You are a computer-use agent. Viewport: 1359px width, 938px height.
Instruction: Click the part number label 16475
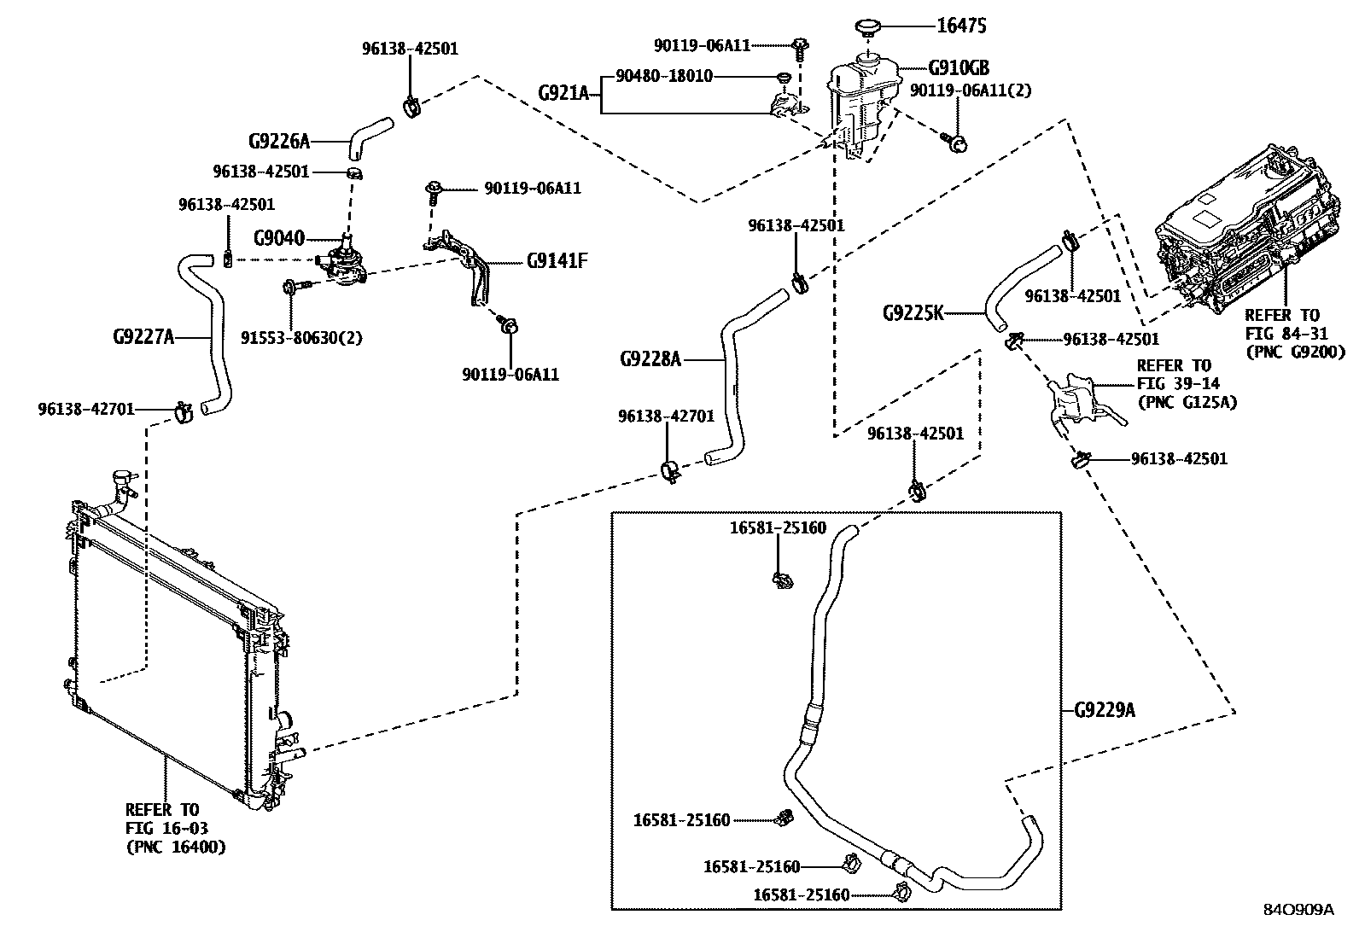click(961, 26)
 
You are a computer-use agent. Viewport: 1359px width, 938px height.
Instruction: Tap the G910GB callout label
click(959, 67)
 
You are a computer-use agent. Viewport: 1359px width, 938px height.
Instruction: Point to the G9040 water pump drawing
click(344, 263)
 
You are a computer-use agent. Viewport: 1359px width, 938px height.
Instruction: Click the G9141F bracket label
click(557, 261)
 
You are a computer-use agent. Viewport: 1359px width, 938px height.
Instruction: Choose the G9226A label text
click(279, 141)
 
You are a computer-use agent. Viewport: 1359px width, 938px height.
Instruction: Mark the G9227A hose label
click(143, 337)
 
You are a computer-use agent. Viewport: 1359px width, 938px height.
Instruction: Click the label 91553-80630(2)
click(313, 337)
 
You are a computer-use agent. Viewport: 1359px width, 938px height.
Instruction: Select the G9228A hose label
click(650, 359)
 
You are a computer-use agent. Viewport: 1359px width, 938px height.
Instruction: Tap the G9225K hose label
click(913, 313)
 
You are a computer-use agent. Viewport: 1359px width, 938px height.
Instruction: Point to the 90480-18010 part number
click(663, 77)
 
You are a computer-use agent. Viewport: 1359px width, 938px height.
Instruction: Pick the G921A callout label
click(563, 92)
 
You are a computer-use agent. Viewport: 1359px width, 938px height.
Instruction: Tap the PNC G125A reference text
click(1187, 402)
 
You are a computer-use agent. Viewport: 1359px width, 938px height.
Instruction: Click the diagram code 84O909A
click(1298, 910)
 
